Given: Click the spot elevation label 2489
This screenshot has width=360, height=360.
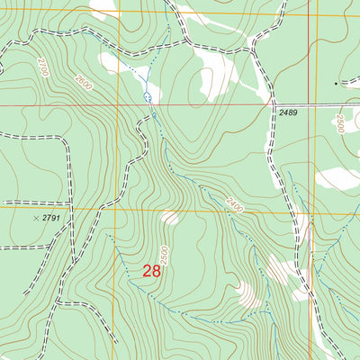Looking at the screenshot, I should (x=288, y=112).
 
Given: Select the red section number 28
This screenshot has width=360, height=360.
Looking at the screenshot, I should (x=151, y=270).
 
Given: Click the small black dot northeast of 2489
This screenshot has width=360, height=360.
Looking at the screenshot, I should (x=337, y=84).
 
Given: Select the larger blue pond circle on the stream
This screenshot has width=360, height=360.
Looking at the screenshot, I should (x=147, y=95).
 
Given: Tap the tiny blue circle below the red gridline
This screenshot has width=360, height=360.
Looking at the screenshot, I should (x=154, y=115).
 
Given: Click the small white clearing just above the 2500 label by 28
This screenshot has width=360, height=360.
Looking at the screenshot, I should (x=168, y=217).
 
